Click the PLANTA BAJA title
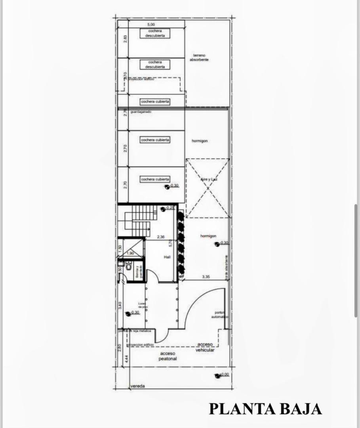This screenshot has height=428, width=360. click(265, 409)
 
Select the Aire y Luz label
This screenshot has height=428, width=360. click(208, 180)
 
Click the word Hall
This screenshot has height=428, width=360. click(167, 257)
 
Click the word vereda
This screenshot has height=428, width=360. click(137, 386)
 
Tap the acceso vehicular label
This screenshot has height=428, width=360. click(205, 347)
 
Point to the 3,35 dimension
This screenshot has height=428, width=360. click(206, 277)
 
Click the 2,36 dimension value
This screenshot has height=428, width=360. click(160, 237)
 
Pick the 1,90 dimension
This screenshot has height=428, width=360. click(130, 253)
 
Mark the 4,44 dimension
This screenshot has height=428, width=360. click(126, 359)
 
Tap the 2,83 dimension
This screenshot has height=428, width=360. click(125, 39)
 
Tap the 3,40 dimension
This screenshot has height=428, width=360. click(120, 305)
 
